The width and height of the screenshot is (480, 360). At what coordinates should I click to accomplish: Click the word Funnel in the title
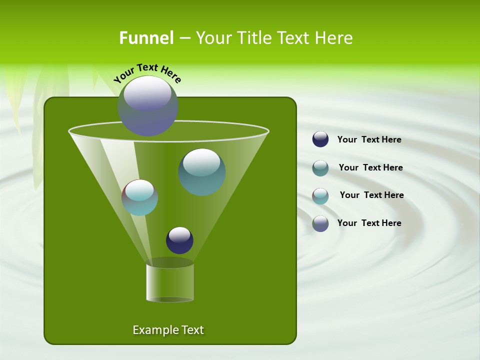[x=146, y=38]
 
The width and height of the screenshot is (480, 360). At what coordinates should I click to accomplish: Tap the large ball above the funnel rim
[x=148, y=106]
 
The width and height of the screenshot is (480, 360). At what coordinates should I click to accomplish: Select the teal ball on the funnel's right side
[x=201, y=172]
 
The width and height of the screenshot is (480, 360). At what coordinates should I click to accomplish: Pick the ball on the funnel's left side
[x=139, y=197]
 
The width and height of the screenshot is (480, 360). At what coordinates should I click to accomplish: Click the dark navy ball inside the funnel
[x=179, y=240]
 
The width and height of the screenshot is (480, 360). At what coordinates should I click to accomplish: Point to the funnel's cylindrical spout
[x=170, y=282]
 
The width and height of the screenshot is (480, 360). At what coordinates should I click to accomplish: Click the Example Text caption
[x=168, y=330]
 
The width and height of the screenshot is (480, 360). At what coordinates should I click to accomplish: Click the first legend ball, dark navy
[x=320, y=139]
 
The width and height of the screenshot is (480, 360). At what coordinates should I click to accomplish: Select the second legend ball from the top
[x=320, y=167]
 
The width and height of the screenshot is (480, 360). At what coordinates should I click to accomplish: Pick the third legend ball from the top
[x=320, y=195]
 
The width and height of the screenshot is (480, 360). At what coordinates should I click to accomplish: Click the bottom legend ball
[x=320, y=223]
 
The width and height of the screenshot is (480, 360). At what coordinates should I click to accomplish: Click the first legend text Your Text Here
[x=369, y=139]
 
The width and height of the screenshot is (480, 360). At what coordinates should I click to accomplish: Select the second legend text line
[x=370, y=167]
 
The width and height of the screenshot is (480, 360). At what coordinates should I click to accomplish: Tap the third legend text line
[x=371, y=195]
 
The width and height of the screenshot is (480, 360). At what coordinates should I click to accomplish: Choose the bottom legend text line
[x=369, y=223]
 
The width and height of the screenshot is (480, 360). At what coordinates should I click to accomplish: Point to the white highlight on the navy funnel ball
[x=179, y=234]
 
